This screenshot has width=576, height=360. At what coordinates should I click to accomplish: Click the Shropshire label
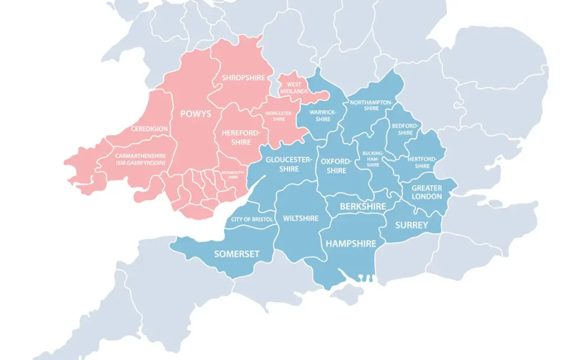click(x=243, y=78)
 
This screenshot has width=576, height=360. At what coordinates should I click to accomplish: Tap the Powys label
click(x=196, y=114)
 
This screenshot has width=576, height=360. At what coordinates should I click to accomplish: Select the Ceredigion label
click(x=149, y=129)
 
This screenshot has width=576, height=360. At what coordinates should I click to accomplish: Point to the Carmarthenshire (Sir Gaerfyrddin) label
click(x=140, y=159)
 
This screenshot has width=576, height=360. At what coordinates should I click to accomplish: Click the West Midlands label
click(x=294, y=88)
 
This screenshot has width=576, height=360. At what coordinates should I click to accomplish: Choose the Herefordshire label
click(x=241, y=137)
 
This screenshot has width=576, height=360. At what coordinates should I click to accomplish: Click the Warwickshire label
click(x=323, y=115)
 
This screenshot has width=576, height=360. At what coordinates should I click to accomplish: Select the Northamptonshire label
click(x=372, y=105)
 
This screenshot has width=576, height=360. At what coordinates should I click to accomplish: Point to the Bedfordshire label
click(x=405, y=129)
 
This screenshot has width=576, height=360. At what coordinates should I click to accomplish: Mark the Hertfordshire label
click(x=422, y=162)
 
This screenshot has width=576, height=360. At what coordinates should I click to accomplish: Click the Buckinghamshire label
click(x=373, y=159)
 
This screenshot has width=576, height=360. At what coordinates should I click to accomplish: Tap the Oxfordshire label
click(x=337, y=166)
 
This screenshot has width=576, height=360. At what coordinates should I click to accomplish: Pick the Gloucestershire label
click(x=289, y=164)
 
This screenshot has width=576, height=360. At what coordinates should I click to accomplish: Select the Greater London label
click(x=427, y=192)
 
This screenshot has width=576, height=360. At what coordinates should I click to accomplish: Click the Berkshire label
click(x=363, y=206)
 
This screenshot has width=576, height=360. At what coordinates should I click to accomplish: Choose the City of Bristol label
click(x=252, y=220)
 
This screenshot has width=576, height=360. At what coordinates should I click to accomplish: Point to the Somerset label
click(x=237, y=254)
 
